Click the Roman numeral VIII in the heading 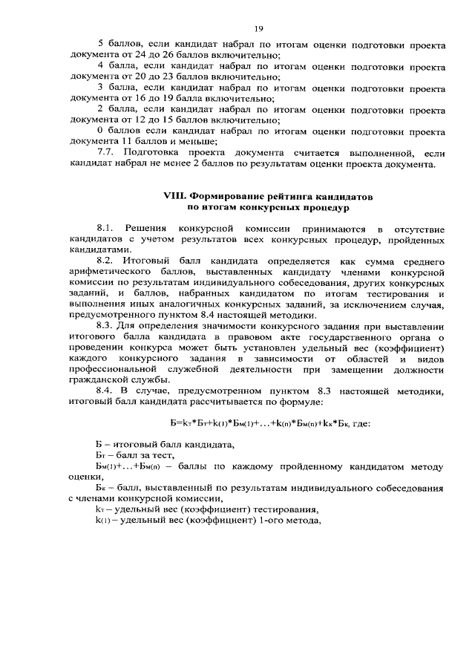(x=173, y=195)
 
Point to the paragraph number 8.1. (x=106, y=229)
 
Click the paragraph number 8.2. (x=106, y=261)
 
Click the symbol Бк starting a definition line (x=101, y=489)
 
